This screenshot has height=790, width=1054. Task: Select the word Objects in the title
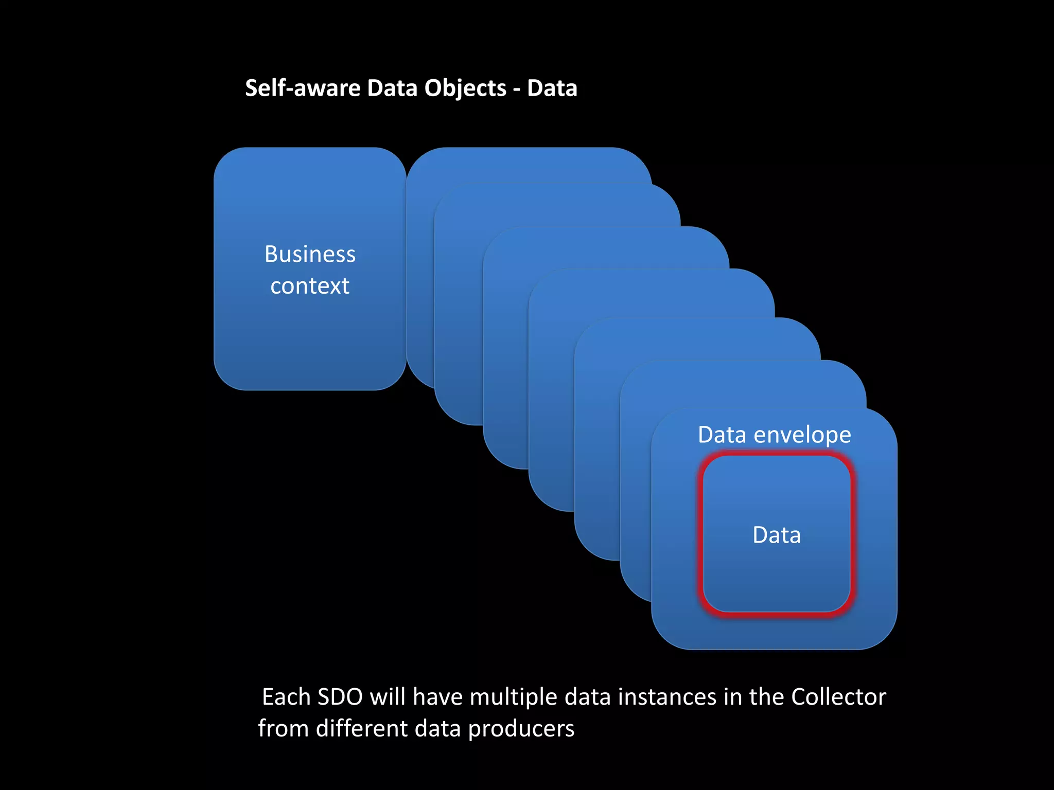(465, 89)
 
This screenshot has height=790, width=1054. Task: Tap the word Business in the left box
(310, 254)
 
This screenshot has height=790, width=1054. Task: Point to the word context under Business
(310, 286)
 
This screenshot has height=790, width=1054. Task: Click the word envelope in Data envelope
(802, 436)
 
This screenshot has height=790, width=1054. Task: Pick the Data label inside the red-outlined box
(777, 535)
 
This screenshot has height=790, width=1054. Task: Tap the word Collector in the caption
(838, 697)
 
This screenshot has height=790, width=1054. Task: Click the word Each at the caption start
(286, 697)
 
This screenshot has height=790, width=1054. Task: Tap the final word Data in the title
(552, 88)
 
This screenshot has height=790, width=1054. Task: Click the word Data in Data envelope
(722, 435)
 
